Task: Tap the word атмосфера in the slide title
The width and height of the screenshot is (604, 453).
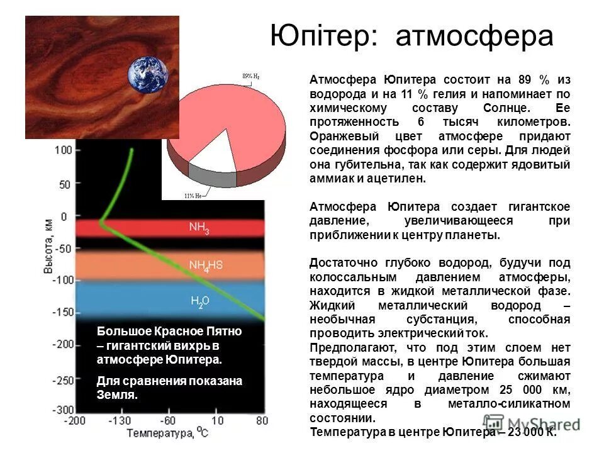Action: pos(474,37)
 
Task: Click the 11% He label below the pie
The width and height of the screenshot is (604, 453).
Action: pos(193,196)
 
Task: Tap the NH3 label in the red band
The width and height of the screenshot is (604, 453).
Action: pos(199,228)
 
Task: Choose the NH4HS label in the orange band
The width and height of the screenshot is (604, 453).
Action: pos(206,266)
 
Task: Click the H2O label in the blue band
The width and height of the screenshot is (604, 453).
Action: pos(200,303)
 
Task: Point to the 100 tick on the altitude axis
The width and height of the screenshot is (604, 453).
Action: pos(64,150)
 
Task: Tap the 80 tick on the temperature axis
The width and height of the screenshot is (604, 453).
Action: pos(262,420)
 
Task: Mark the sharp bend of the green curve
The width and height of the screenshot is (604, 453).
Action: pos(101,222)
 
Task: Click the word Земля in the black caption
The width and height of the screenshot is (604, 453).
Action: pos(116,396)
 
